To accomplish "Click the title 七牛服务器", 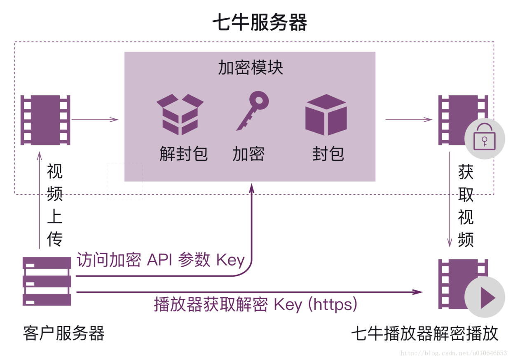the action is coord(259,23).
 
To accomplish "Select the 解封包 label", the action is coord(183,154).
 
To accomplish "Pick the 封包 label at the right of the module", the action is coord(328,154).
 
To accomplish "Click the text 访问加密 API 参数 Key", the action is coord(161,261).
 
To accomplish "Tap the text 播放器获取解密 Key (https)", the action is coord(255,305).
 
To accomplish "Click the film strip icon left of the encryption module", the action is coord(45,120).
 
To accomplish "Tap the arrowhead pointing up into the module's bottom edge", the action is coord(251,188).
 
